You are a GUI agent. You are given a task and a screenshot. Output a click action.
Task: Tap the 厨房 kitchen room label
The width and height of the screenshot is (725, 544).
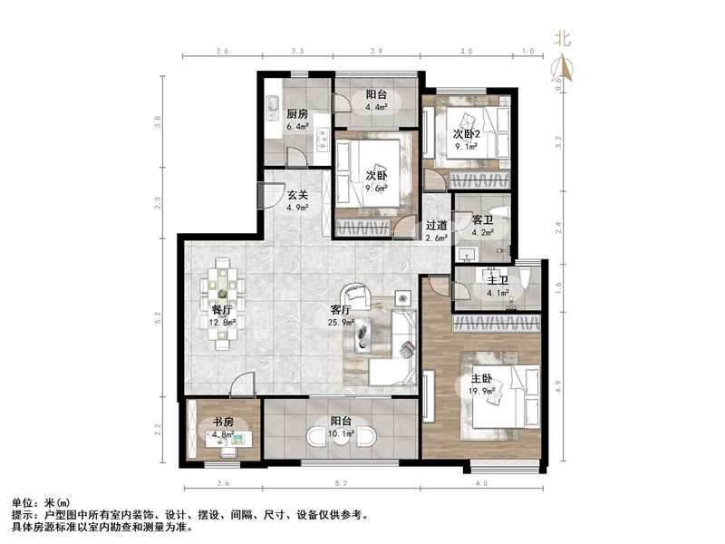click(298, 114)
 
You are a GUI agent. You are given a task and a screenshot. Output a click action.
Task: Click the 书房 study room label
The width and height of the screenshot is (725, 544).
click(224, 422)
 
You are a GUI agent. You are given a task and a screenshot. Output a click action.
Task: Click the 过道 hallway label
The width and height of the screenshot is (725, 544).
click(436, 226)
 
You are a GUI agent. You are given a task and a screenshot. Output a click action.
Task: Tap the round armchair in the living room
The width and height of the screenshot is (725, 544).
click(356, 296)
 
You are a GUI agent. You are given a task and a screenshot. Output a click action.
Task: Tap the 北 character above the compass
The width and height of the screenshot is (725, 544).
click(563, 39)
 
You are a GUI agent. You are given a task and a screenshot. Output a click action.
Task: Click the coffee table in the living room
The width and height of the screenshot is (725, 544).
click(364, 334)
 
